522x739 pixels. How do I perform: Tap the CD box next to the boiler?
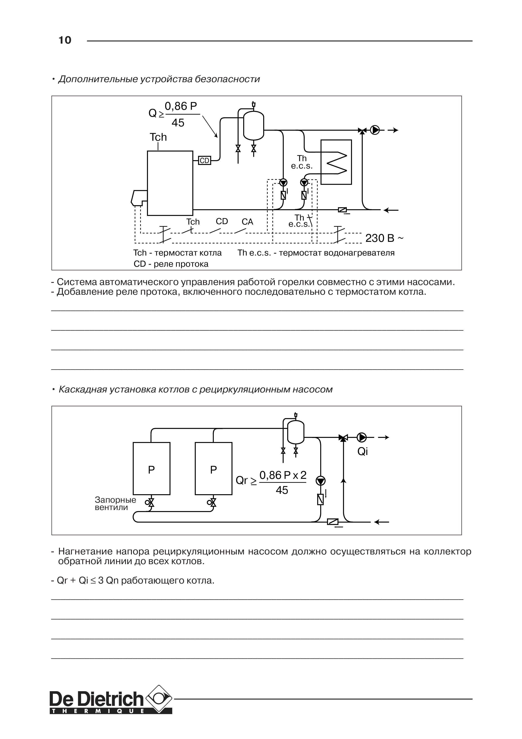pyautogui.click(x=204, y=160)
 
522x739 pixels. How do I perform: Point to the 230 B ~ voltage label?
pyautogui.click(x=384, y=238)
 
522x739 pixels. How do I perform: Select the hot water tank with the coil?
pyautogui.click(x=336, y=162)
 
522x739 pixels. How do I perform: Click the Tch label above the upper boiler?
pyautogui.click(x=158, y=137)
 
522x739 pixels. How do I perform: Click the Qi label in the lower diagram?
pyautogui.click(x=362, y=452)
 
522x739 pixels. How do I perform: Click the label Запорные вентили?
pyautogui.click(x=115, y=504)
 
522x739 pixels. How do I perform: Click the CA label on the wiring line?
pyautogui.click(x=247, y=222)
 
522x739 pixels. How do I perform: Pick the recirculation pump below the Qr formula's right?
pyautogui.click(x=321, y=481)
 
